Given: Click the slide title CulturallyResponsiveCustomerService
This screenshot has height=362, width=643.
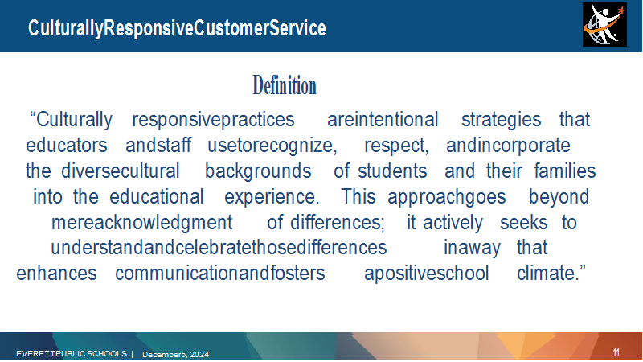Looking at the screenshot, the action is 177,28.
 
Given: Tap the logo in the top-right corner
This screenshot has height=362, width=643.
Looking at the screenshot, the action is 604,25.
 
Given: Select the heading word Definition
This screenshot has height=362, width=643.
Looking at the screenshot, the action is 285,85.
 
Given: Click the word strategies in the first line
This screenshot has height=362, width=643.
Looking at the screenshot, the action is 501,120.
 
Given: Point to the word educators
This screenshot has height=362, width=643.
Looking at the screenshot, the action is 67,146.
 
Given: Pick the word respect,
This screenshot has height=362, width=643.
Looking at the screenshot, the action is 396,146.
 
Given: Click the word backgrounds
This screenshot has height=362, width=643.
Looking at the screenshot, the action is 258,171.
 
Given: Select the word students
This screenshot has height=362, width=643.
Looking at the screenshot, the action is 392,171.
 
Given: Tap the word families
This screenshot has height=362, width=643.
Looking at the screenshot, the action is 565,171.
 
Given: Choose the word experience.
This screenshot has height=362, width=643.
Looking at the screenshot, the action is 272,197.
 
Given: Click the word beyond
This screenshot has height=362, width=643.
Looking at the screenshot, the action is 559,197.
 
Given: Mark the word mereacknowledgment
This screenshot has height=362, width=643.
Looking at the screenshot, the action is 142,223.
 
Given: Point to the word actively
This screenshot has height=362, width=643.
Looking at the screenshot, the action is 453,223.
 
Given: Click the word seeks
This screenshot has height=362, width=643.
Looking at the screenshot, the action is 524,223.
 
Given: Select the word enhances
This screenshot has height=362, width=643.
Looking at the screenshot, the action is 56,274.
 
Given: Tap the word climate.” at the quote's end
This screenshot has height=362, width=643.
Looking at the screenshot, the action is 551,274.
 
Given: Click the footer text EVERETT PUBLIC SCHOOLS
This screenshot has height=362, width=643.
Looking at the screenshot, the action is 72,353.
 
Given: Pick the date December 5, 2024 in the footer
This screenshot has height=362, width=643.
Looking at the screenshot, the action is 175,354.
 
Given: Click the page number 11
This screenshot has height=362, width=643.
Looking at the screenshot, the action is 616,352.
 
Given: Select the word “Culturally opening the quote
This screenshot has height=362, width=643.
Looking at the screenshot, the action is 71,120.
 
